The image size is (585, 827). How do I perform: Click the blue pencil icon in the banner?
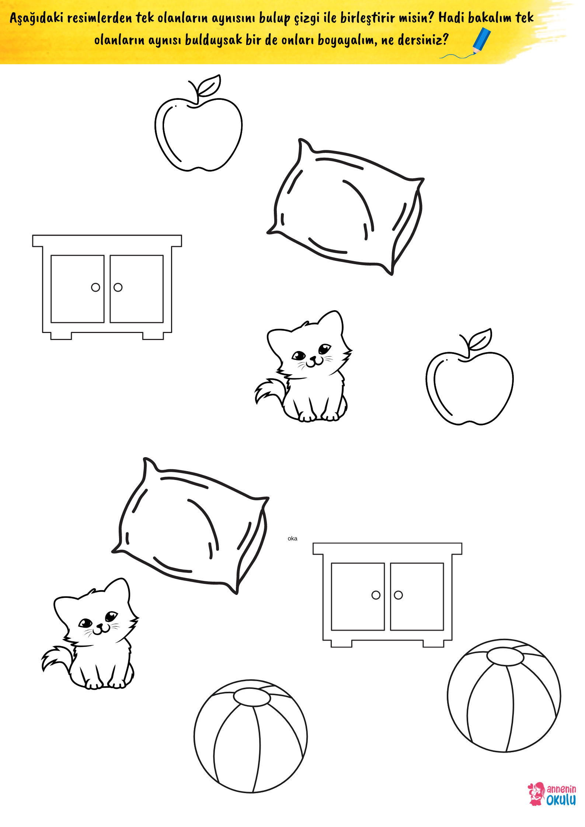(x=481, y=41)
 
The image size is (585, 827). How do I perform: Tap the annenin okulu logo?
(x=552, y=794)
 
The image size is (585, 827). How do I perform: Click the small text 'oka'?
(x=292, y=539)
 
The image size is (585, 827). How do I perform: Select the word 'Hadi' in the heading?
(x=451, y=17)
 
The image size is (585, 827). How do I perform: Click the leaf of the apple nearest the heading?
(x=209, y=86)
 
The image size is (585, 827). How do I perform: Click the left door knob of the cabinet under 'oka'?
(x=376, y=595)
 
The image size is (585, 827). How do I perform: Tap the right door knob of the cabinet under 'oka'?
(x=398, y=595)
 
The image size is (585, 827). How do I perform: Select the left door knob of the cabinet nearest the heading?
(x=95, y=287)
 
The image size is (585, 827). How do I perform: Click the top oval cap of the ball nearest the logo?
(x=505, y=657)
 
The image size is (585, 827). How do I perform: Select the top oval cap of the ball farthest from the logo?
(x=252, y=697)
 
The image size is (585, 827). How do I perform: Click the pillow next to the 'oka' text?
(x=190, y=526)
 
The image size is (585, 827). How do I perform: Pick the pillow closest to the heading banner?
(x=345, y=207)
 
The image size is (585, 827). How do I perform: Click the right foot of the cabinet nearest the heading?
(x=153, y=336)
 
